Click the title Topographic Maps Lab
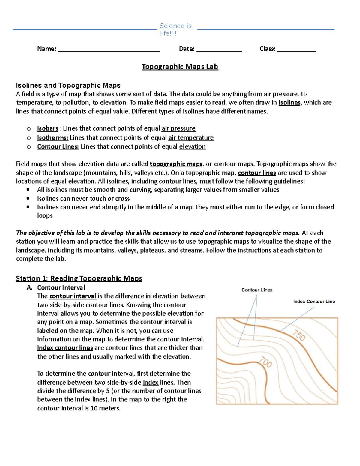(180, 67)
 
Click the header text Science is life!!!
(175, 29)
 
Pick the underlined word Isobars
(47, 128)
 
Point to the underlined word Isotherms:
(52, 137)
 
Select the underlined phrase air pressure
(178, 128)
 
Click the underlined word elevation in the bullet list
(192, 146)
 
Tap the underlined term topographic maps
(176, 164)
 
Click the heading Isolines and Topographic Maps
(68, 85)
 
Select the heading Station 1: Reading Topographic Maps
(79, 278)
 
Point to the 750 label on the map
(299, 335)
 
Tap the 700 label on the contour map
(265, 362)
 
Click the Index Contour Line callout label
(314, 301)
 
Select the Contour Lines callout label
(257, 290)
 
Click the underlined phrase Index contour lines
(65, 348)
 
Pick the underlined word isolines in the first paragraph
(289, 103)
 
